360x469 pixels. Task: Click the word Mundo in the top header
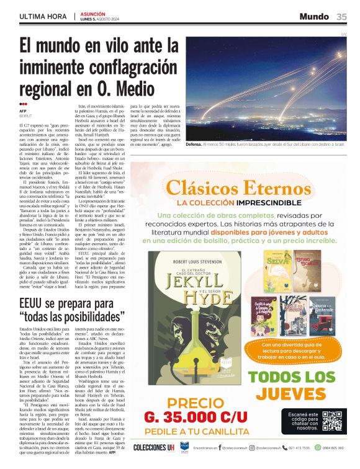314,16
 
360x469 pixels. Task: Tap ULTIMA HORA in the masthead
43,16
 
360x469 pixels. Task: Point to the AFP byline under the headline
23,111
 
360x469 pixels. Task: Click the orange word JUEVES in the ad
300,394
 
